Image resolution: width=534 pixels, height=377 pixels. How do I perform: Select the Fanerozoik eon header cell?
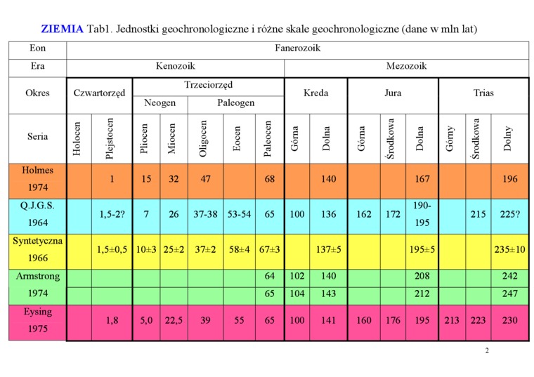(x=297, y=49)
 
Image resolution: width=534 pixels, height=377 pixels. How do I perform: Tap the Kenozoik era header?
(x=175, y=67)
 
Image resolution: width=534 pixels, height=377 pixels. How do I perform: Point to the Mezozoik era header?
(x=406, y=67)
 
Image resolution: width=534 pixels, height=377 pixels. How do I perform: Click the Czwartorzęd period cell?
(x=99, y=93)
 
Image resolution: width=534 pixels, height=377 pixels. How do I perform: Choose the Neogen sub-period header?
(x=159, y=103)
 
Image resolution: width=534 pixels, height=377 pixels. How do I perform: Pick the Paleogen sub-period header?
(x=235, y=103)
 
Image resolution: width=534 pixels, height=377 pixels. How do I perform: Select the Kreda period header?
(x=315, y=93)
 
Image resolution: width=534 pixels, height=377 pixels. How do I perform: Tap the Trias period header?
(x=483, y=93)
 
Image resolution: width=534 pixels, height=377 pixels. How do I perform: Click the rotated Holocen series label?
(x=78, y=138)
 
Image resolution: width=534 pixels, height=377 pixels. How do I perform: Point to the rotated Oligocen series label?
(x=204, y=138)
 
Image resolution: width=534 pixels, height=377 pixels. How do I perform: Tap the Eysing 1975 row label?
(x=37, y=320)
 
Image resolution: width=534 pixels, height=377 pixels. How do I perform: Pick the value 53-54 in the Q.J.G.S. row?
(x=239, y=214)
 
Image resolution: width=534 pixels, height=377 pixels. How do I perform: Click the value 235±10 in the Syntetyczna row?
(x=509, y=249)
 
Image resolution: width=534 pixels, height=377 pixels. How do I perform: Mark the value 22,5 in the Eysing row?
(x=174, y=321)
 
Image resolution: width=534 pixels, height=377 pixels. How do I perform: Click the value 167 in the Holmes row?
(x=422, y=179)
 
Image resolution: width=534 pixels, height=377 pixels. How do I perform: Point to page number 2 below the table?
(x=486, y=350)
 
